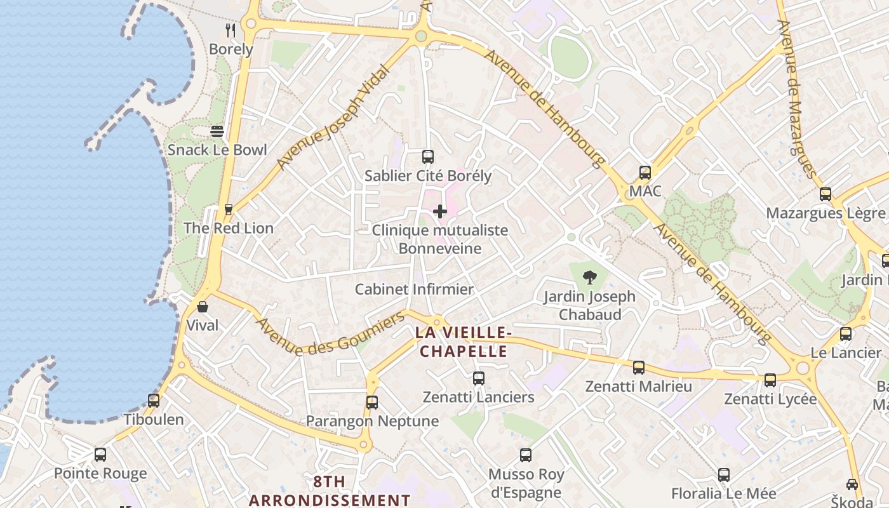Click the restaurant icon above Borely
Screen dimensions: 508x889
point(231,30)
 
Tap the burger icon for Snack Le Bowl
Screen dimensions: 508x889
point(217,131)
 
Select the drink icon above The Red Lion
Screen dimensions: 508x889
point(229,209)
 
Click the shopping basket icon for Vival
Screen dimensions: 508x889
point(203,307)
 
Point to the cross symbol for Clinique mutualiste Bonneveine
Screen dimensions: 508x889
point(439,211)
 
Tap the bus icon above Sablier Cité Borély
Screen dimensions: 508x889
point(428,157)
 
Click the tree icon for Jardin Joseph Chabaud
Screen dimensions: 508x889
point(590,277)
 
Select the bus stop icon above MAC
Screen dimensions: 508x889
point(645,172)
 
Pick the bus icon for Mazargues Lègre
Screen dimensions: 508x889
point(825,194)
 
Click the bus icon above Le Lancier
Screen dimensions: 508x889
point(846,334)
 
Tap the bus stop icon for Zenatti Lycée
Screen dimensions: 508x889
point(770,380)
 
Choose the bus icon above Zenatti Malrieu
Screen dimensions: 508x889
point(639,368)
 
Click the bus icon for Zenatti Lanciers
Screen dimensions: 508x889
point(479,378)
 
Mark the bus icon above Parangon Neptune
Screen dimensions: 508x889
point(372,402)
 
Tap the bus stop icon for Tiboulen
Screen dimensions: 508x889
point(154,401)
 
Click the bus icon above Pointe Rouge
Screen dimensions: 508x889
point(100,455)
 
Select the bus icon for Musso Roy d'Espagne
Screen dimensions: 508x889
point(526,455)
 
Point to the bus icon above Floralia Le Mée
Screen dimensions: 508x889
point(724,474)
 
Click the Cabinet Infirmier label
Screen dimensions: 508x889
point(414,290)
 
